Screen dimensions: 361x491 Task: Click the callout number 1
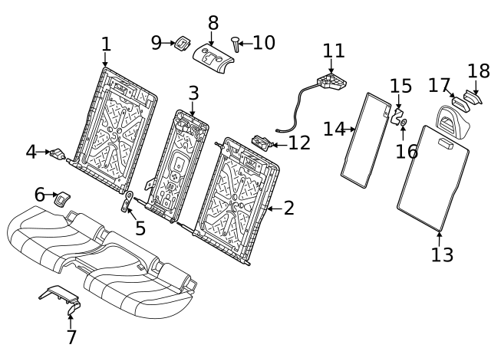106,44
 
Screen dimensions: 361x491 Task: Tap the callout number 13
442,254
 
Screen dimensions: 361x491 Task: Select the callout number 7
71,336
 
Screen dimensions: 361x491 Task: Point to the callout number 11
334,51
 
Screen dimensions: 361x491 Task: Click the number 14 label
334,129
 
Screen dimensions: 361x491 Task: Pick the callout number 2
288,208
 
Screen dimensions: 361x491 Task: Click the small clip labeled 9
183,43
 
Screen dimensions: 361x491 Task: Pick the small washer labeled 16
404,122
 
